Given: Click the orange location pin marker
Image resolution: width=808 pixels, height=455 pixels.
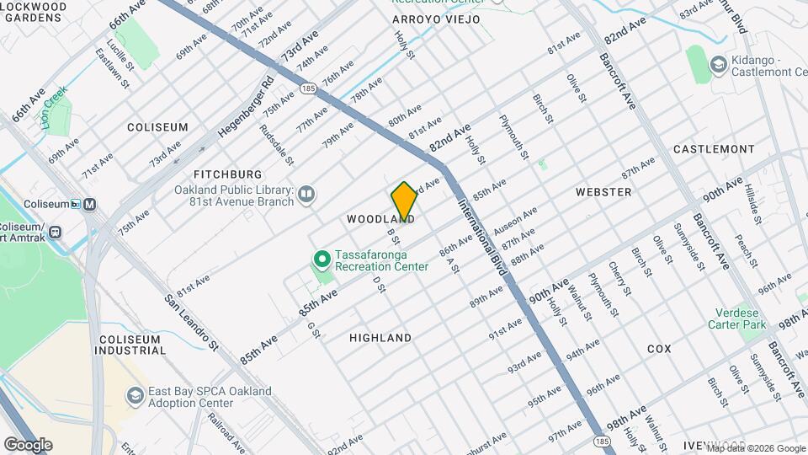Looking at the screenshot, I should pyautogui.click(x=404, y=201).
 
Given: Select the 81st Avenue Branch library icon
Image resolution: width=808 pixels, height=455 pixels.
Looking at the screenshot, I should pyautogui.click(x=306, y=195).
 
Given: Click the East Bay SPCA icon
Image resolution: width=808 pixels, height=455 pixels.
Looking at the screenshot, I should pyautogui.click(x=135, y=395).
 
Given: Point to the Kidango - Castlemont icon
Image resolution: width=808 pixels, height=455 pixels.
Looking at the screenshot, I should pyautogui.click(x=718, y=64).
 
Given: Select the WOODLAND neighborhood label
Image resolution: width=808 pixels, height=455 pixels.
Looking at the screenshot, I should pyautogui.click(x=380, y=219).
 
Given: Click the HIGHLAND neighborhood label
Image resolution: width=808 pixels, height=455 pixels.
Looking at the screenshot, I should pyautogui.click(x=380, y=338).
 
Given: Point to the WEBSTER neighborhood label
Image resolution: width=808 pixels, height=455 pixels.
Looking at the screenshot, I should pyautogui.click(x=603, y=192).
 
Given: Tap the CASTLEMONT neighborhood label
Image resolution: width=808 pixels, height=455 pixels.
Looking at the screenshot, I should pyautogui.click(x=714, y=149).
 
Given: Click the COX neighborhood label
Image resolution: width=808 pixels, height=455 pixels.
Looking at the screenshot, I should pyautogui.click(x=659, y=348).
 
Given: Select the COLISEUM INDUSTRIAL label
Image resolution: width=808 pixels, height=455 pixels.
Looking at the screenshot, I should pyautogui.click(x=130, y=345).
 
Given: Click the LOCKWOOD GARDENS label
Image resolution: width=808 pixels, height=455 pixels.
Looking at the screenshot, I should pyautogui.click(x=34, y=12).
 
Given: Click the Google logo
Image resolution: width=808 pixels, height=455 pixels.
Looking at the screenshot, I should pyautogui.click(x=28, y=444).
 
